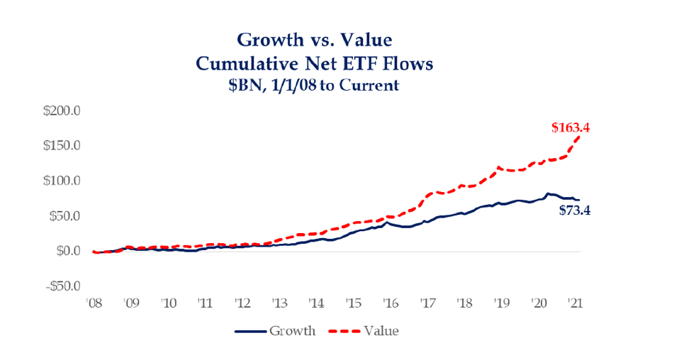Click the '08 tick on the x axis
(94, 303)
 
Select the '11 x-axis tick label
(205, 303)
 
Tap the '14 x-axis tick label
(316, 303)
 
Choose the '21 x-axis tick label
(576, 303)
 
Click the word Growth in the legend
(292, 331)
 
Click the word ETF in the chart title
(356, 64)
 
